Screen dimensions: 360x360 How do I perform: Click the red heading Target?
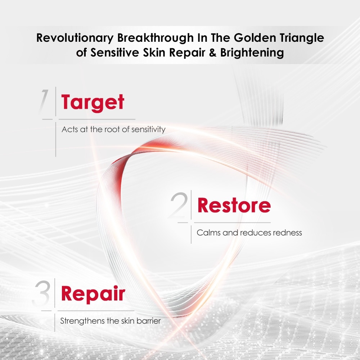tap(93, 103)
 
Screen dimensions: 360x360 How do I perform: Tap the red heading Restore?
tap(234, 205)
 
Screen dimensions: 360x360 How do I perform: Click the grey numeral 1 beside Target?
tap(44, 101)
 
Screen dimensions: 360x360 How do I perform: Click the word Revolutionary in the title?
tap(75, 38)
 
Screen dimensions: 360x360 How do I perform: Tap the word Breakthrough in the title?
tap(156, 38)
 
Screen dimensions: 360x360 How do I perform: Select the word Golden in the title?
tap(255, 38)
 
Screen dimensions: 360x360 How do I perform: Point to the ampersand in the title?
tap(213, 52)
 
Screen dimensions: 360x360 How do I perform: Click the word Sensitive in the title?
tap(115, 52)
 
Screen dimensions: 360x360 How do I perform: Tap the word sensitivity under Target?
tap(148, 130)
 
